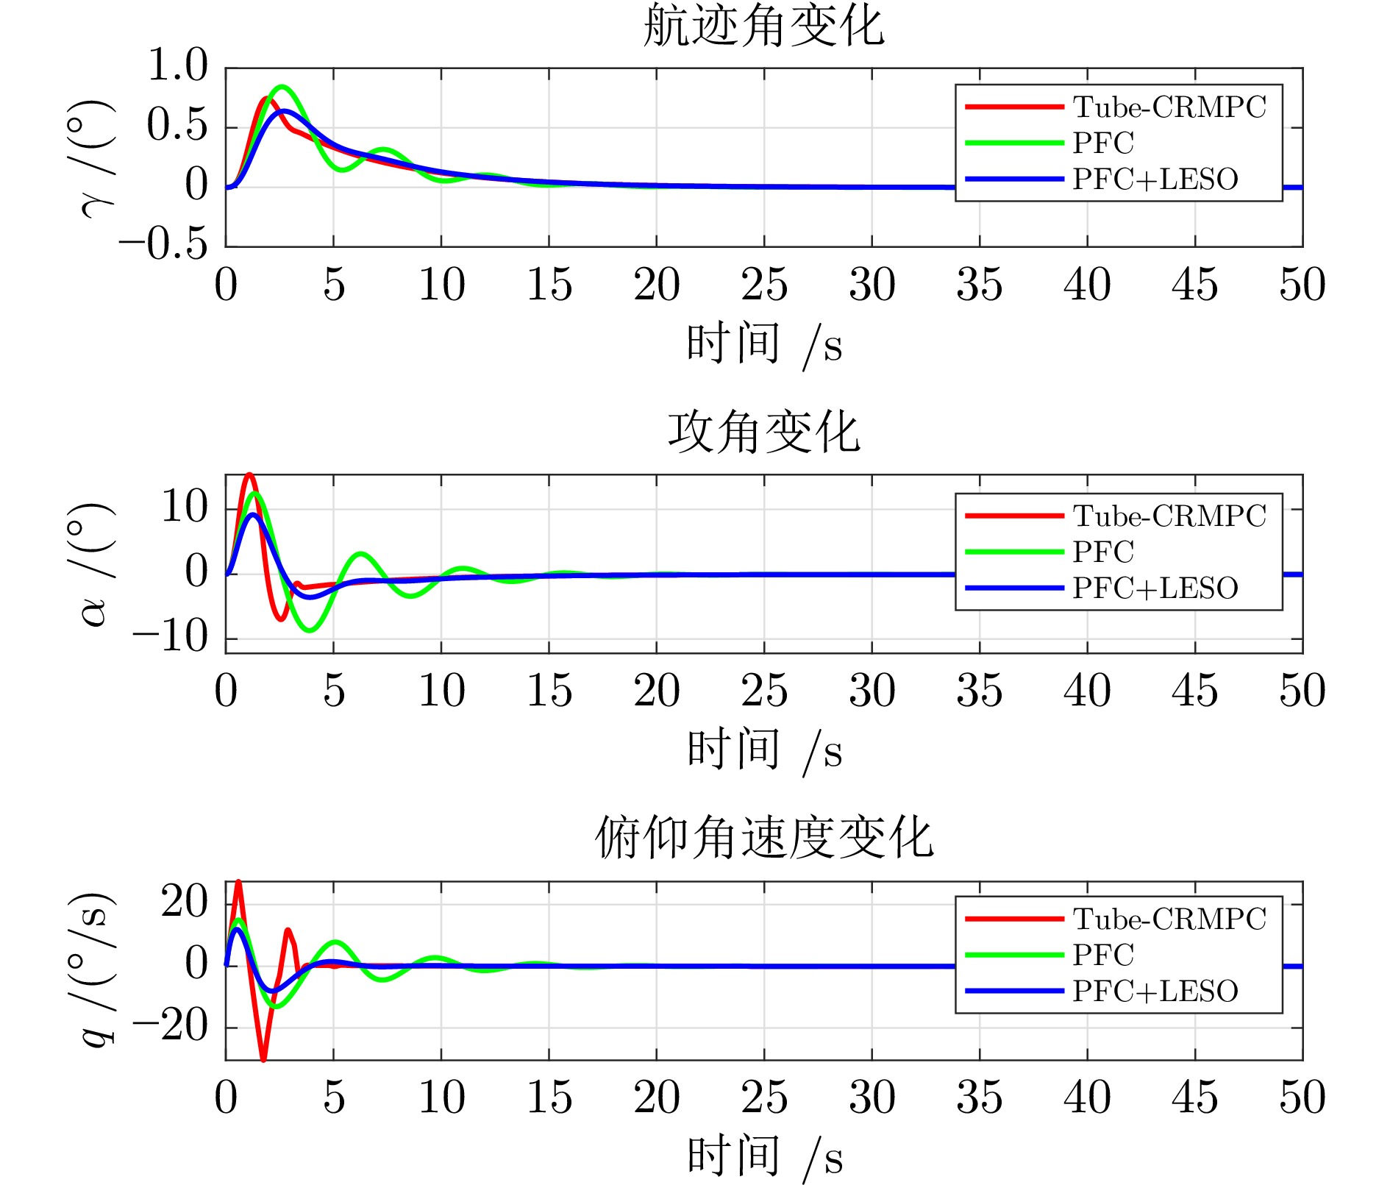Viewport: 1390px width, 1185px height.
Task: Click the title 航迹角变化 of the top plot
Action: click(763, 26)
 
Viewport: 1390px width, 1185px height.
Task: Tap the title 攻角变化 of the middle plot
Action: click(763, 433)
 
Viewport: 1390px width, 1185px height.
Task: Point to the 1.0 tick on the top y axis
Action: click(177, 65)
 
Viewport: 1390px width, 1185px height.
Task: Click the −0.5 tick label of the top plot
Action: click(163, 244)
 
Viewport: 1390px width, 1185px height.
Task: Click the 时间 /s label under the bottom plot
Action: click(763, 1156)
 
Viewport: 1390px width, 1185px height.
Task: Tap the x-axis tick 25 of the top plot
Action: click(763, 285)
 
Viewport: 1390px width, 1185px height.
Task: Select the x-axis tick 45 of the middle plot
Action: click(1194, 691)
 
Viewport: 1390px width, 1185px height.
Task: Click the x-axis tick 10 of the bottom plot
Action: click(441, 1098)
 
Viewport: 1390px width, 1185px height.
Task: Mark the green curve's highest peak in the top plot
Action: click(282, 87)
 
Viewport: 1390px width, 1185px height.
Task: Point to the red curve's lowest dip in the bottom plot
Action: click(263, 1058)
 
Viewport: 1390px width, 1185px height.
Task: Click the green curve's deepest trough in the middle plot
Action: click(310, 630)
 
